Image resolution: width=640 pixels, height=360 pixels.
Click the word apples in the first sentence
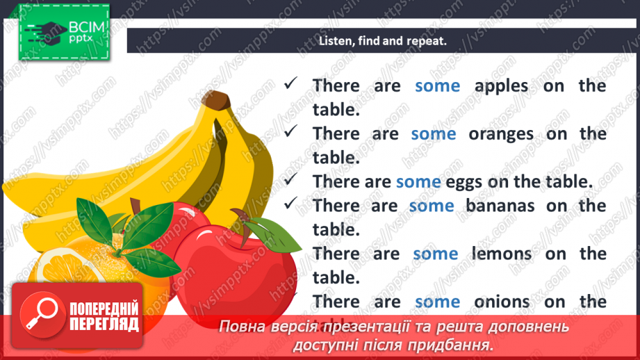[501, 85]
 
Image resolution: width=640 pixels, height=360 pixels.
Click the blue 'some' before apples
[437, 85]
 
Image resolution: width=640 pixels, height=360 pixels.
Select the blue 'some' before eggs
[418, 182]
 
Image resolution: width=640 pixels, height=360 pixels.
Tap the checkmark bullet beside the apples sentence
[291, 83]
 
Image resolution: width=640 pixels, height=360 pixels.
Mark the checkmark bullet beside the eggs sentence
[291, 180]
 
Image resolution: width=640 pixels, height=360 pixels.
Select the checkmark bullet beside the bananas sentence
[291, 204]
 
